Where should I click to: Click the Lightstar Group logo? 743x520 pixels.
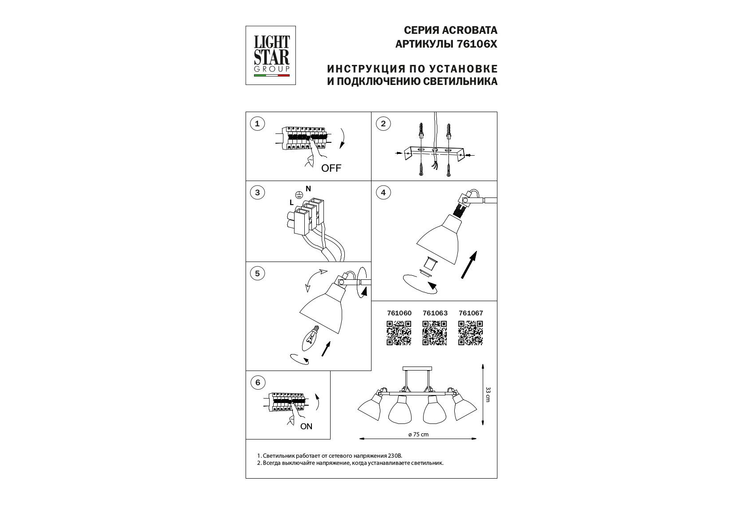[x=271, y=56]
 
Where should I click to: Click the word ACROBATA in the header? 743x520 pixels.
[x=470, y=30]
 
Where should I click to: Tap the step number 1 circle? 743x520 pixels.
[x=257, y=124]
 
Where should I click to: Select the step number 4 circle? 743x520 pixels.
[x=384, y=193]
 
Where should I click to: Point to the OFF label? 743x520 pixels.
[x=331, y=168]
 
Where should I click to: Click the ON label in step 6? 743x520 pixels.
[x=306, y=427]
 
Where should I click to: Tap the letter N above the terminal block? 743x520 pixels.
[x=308, y=189]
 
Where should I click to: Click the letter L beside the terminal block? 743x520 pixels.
[x=291, y=203]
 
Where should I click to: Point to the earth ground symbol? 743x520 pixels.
[x=299, y=195]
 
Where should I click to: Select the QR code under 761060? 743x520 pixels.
[x=399, y=333]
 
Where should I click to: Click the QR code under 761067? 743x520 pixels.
[x=470, y=333]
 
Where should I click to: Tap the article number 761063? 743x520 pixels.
[x=435, y=313]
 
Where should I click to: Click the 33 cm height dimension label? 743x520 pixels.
[x=488, y=394]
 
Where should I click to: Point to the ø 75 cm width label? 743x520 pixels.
[x=419, y=435]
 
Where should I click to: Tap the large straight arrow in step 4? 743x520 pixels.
[x=469, y=265]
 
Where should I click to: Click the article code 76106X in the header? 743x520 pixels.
[x=477, y=44]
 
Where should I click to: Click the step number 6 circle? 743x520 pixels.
[x=258, y=383]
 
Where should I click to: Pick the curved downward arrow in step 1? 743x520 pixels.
[x=343, y=138]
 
